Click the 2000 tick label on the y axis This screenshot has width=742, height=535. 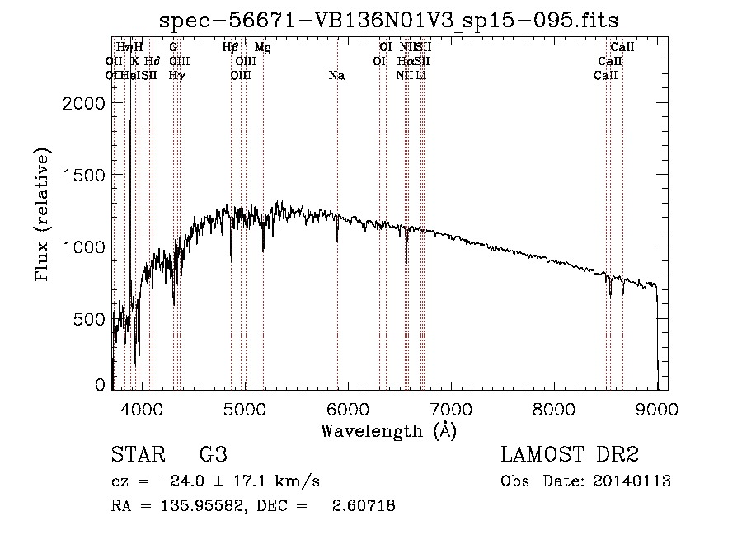[x=86, y=103]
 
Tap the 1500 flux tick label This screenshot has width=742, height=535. [x=86, y=176]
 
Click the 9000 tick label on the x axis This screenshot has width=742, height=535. [x=657, y=408]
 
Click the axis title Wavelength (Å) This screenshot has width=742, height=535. [x=388, y=430]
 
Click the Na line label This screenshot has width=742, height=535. [x=336, y=76]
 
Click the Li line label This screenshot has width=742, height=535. [x=420, y=76]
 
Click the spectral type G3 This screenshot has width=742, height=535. [x=213, y=455]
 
